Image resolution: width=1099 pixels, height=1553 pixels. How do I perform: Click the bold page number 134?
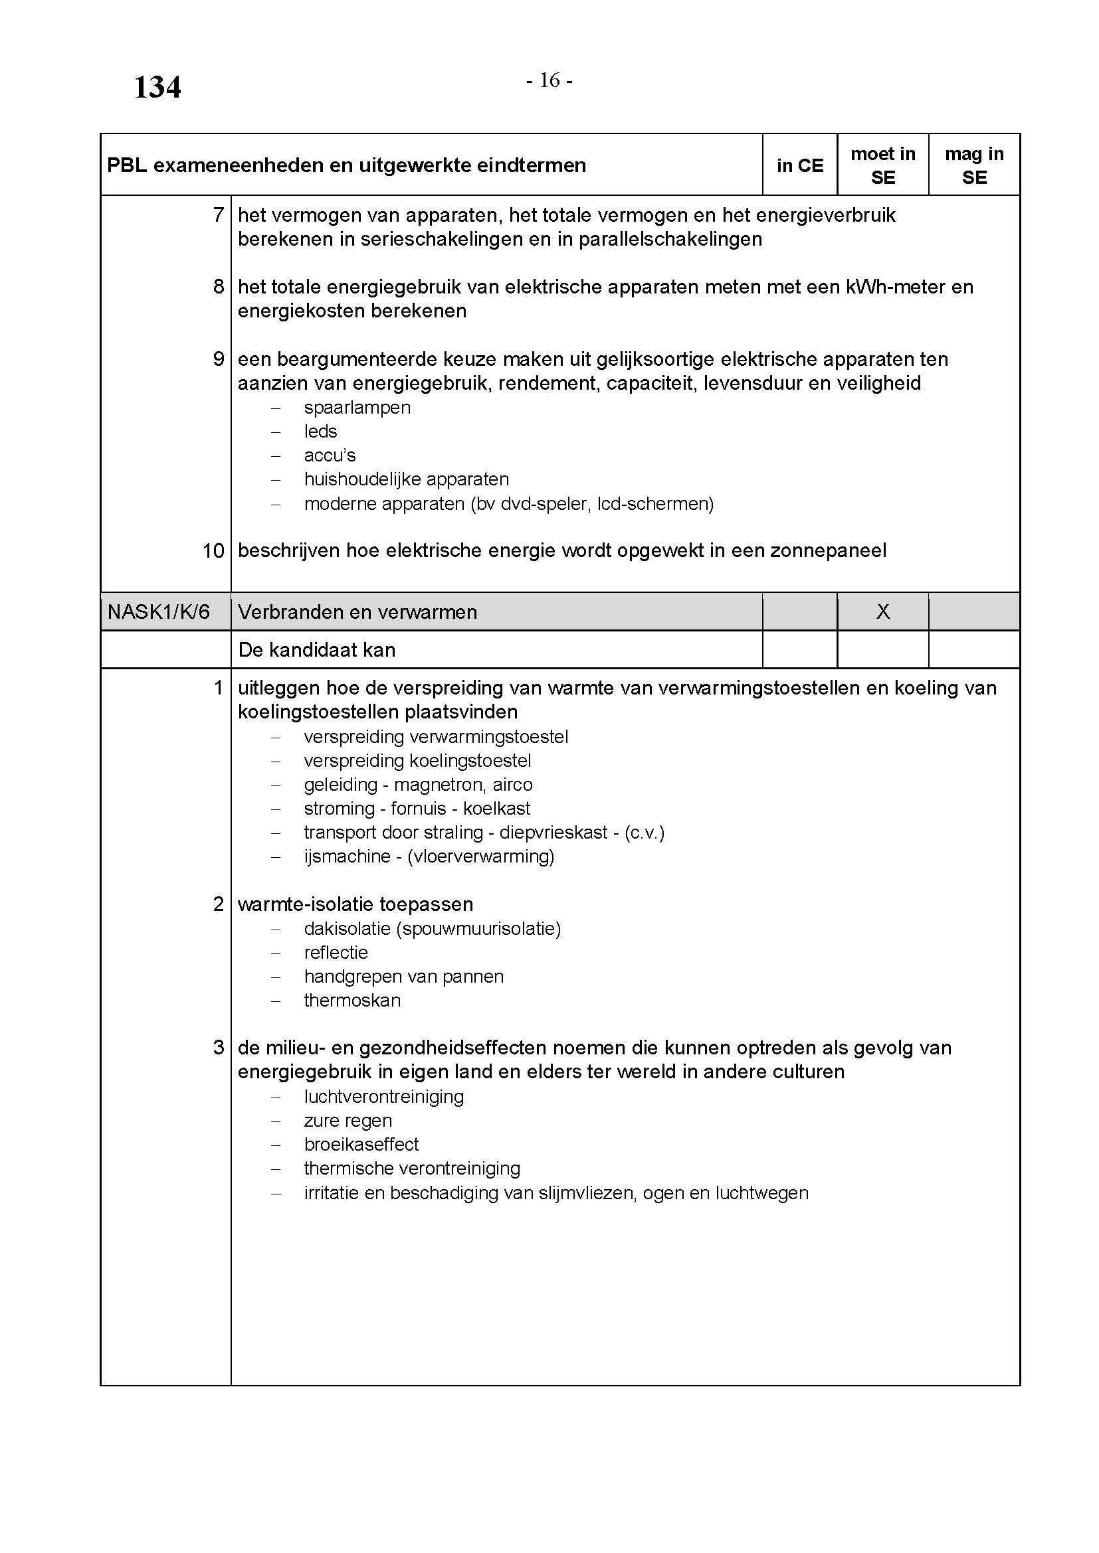tap(157, 87)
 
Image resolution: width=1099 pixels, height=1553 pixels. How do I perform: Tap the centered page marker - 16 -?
tap(549, 80)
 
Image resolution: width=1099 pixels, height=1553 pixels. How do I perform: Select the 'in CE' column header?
tap(799, 166)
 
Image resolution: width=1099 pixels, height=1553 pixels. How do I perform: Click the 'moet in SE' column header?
tap(882, 166)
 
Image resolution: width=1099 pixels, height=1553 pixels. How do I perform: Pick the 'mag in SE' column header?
tap(974, 166)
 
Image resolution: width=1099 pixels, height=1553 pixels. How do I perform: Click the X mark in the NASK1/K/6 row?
tap(882, 612)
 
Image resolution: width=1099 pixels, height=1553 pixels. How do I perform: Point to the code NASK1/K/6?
tap(158, 612)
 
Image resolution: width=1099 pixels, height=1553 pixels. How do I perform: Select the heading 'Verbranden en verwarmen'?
tap(357, 612)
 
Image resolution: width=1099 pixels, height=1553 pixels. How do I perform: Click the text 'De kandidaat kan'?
tap(317, 650)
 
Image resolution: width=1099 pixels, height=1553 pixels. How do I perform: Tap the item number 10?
tap(213, 551)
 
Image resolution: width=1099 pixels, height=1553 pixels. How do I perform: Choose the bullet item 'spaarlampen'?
tap(357, 407)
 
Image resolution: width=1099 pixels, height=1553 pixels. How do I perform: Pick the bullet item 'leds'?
tap(320, 432)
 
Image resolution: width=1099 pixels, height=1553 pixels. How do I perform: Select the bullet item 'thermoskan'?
tap(352, 1001)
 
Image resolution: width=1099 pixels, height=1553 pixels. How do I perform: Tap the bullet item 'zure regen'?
tap(348, 1121)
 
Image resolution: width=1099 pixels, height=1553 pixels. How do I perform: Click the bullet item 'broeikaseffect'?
tap(361, 1145)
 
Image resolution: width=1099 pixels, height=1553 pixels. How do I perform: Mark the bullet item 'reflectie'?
tap(336, 952)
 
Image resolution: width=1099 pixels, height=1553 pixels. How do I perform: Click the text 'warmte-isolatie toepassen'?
tap(355, 904)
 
